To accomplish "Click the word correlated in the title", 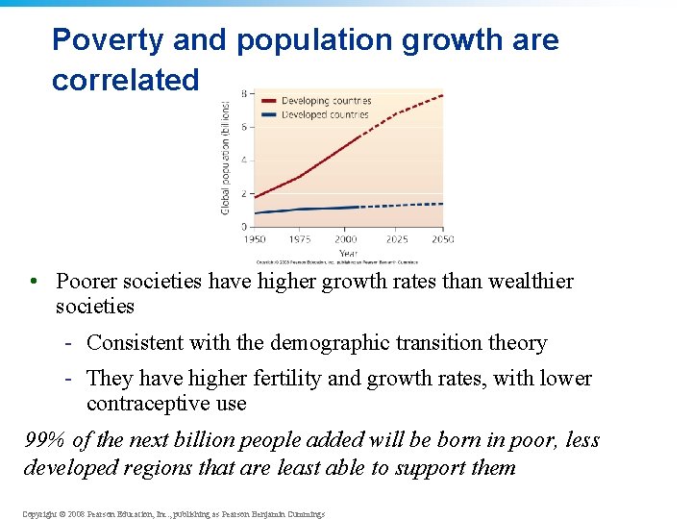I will coord(125,80).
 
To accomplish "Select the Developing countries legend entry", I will coord(326,101).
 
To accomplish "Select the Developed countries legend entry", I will coord(325,114).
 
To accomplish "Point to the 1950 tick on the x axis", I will coord(255,239).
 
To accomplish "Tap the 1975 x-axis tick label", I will coord(301,239).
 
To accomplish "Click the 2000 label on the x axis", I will coord(347,239).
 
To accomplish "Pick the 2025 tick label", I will coord(396,239).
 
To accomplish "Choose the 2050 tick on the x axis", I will coord(442,239).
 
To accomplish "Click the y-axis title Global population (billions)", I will coord(227,158).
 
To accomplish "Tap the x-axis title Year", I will coord(348,253).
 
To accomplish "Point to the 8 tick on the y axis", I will coord(244,94).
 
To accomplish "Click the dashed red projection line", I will coord(404,111).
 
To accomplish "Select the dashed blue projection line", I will coord(404,205).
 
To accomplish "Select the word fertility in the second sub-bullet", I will coord(275,379).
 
